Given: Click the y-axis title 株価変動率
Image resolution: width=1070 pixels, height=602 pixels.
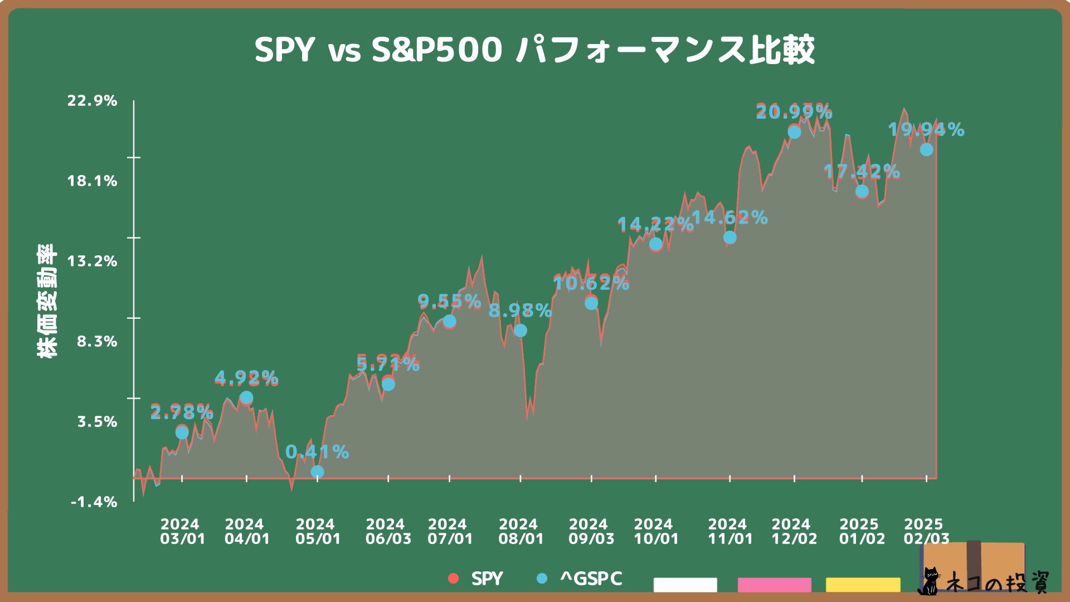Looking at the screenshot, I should click(47, 301).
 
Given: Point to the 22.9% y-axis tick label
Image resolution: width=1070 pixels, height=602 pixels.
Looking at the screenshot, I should click(93, 101).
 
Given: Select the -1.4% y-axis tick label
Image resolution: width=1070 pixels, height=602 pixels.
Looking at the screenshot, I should click(94, 502).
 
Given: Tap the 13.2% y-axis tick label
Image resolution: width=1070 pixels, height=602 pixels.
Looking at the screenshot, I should click(93, 261).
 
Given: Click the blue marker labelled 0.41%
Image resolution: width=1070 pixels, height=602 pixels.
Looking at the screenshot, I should click(317, 472).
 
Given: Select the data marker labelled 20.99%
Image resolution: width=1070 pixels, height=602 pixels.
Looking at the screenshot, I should click(794, 132).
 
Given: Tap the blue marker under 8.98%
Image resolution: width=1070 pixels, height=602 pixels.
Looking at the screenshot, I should click(520, 331).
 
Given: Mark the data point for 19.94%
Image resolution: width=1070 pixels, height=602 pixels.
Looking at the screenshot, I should click(926, 149).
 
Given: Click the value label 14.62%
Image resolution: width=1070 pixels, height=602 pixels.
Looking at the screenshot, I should click(729, 217).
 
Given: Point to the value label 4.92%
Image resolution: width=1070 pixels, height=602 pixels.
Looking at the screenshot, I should click(246, 378).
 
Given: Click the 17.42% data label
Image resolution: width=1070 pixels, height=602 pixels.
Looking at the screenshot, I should click(862, 172).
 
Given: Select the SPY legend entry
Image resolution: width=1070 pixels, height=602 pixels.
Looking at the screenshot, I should click(477, 579).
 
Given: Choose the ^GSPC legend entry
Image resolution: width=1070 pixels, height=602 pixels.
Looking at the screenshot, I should click(580, 579).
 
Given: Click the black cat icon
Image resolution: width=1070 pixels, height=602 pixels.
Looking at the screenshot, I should click(928, 582).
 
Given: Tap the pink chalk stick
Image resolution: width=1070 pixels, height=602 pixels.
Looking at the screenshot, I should click(774, 585).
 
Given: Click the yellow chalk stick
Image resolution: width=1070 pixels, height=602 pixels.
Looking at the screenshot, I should click(863, 585).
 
